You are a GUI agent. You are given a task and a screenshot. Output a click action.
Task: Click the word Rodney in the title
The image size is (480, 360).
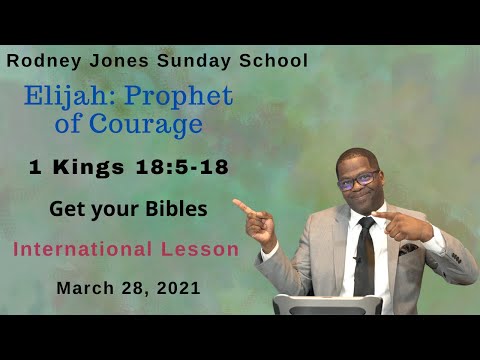39,60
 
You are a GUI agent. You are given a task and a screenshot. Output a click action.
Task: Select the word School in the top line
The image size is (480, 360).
270,60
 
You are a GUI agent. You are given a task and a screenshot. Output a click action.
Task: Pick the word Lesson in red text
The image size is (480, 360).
207,249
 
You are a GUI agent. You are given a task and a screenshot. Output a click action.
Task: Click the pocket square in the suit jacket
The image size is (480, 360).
409,248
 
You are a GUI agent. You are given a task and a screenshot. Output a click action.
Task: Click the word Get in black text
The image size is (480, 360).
65,210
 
